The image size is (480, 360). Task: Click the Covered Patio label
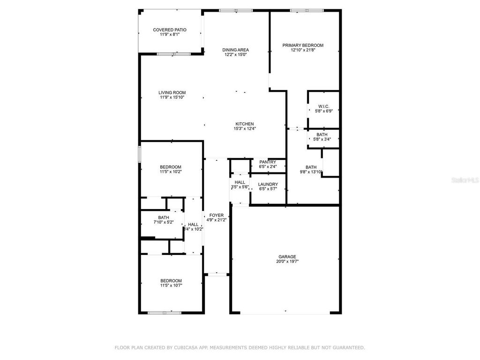[169, 30]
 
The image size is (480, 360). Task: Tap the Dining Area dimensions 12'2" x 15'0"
[235, 55]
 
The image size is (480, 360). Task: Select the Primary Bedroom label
[302, 45]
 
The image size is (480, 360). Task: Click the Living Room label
[172, 93]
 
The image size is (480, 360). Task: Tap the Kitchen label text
[244, 124]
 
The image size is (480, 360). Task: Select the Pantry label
[268, 162]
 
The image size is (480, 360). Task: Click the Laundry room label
[268, 184]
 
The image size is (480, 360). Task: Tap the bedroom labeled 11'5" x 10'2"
[170, 169]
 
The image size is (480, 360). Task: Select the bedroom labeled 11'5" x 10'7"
[171, 283]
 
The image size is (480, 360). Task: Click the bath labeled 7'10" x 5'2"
[164, 220]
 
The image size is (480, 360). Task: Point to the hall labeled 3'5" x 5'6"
[240, 185]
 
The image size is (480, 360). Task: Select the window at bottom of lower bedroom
[164, 312]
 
